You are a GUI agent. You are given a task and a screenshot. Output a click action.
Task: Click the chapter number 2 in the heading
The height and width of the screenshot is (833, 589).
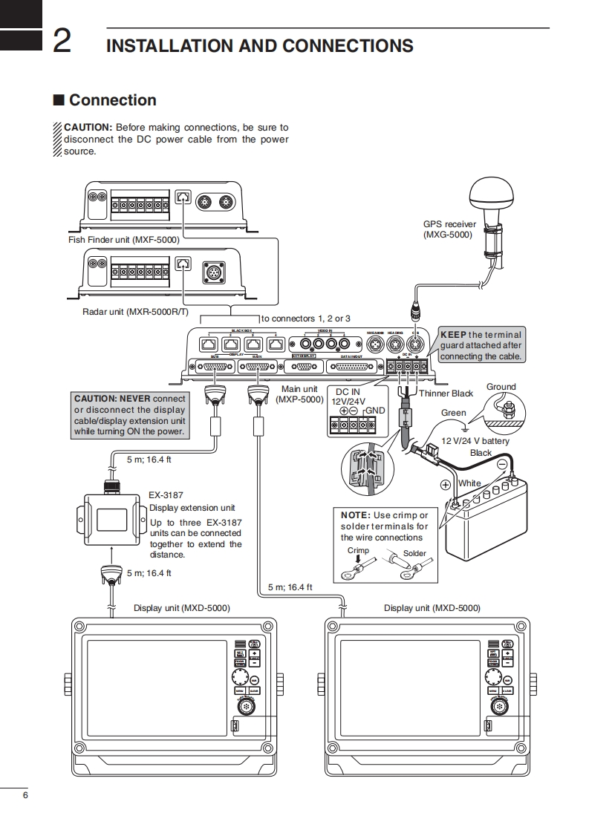coord(62,42)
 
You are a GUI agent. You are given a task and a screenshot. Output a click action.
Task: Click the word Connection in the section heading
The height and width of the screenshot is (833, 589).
coord(112,100)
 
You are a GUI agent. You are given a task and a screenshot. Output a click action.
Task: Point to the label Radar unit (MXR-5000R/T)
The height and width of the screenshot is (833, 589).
coord(136,312)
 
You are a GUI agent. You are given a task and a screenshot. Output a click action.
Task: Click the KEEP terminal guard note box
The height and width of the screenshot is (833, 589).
coord(481,345)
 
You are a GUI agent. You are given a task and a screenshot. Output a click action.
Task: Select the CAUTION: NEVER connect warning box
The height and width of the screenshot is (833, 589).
coord(129,415)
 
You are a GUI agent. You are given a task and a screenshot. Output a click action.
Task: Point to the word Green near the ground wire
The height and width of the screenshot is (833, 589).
coord(454,413)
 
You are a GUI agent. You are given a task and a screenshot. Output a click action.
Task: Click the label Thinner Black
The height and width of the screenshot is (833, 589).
coord(446,393)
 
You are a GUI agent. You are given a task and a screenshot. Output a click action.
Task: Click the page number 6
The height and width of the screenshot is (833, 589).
coord(25,796)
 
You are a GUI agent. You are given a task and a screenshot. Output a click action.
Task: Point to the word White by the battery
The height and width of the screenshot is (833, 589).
coord(469,483)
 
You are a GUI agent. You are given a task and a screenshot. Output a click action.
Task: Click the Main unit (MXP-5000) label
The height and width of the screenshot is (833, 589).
coord(299,394)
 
